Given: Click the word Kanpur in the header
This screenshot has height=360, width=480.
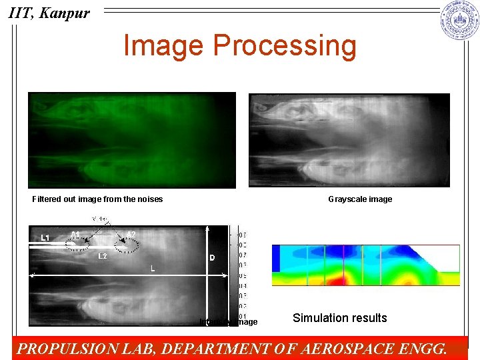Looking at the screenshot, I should [65, 13].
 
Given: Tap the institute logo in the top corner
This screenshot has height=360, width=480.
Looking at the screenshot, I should [459, 21].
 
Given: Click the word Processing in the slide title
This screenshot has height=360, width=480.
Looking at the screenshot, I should [285, 45].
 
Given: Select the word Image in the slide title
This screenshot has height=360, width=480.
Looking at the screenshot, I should [163, 45].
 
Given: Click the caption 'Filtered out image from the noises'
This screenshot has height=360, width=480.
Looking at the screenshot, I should [97, 199].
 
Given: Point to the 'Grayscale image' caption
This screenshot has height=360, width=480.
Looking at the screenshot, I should [360, 199].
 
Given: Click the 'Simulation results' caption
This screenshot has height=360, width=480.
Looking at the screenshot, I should [339, 318].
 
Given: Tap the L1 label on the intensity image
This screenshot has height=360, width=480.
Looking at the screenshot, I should [45, 237].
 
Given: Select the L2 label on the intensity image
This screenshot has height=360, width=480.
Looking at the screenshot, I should [103, 256].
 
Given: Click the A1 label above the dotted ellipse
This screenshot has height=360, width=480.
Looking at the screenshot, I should [76, 233].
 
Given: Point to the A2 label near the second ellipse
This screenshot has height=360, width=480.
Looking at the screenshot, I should [131, 234].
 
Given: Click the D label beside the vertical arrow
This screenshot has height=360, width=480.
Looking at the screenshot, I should [212, 257].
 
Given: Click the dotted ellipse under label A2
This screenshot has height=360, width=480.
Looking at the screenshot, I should [127, 247].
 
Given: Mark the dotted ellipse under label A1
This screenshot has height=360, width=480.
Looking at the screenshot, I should [79, 245].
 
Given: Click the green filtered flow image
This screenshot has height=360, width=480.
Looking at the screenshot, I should [131, 140].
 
